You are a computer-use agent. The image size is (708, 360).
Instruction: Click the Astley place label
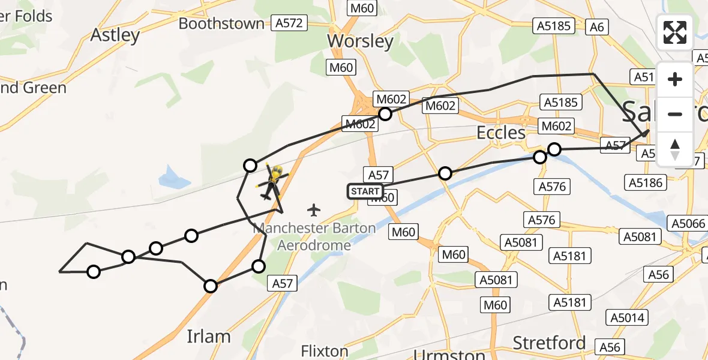pyautogui.click(x=115, y=35)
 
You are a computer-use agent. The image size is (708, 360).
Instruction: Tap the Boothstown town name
pyautogui.click(x=221, y=23)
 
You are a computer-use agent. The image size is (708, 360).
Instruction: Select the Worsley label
pyautogui.click(x=360, y=41)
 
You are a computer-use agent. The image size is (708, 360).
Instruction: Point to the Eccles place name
pyautogui.click(x=501, y=133)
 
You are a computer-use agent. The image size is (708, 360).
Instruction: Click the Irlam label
pyautogui.click(x=209, y=336)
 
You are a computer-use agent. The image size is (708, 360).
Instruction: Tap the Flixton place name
pyautogui.click(x=325, y=351)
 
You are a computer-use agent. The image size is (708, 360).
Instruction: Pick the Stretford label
pyautogui.click(x=549, y=343)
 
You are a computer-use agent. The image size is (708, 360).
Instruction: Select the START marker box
pyautogui.click(x=365, y=191)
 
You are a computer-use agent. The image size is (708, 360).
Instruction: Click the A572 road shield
pyautogui.click(x=289, y=23)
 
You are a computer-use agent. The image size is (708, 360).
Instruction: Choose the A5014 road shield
pyautogui.click(x=625, y=317)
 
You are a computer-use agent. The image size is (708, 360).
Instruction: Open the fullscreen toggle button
pyautogui.click(x=675, y=32)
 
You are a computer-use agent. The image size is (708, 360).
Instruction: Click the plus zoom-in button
pyautogui.click(x=675, y=79)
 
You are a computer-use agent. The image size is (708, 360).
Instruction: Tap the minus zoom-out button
pyautogui.click(x=675, y=114)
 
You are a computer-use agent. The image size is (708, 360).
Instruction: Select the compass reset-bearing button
pyautogui.click(x=675, y=149)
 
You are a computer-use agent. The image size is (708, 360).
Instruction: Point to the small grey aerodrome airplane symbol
pyautogui.click(x=313, y=210)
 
